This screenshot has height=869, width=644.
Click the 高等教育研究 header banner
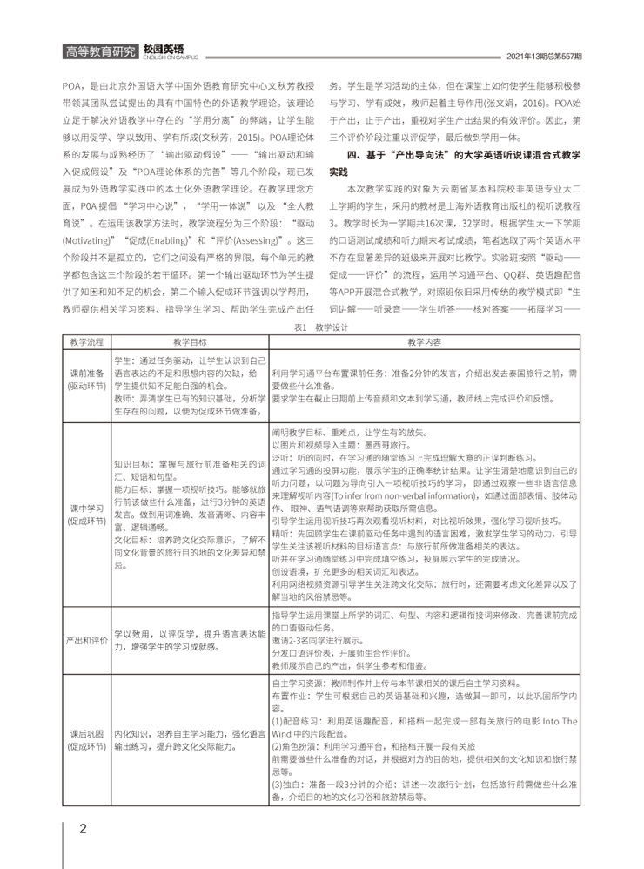tap(100, 51)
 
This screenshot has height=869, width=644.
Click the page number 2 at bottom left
tap(83, 827)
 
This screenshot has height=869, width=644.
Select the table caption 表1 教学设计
tap(321, 327)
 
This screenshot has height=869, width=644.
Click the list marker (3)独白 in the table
tap(288, 798)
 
